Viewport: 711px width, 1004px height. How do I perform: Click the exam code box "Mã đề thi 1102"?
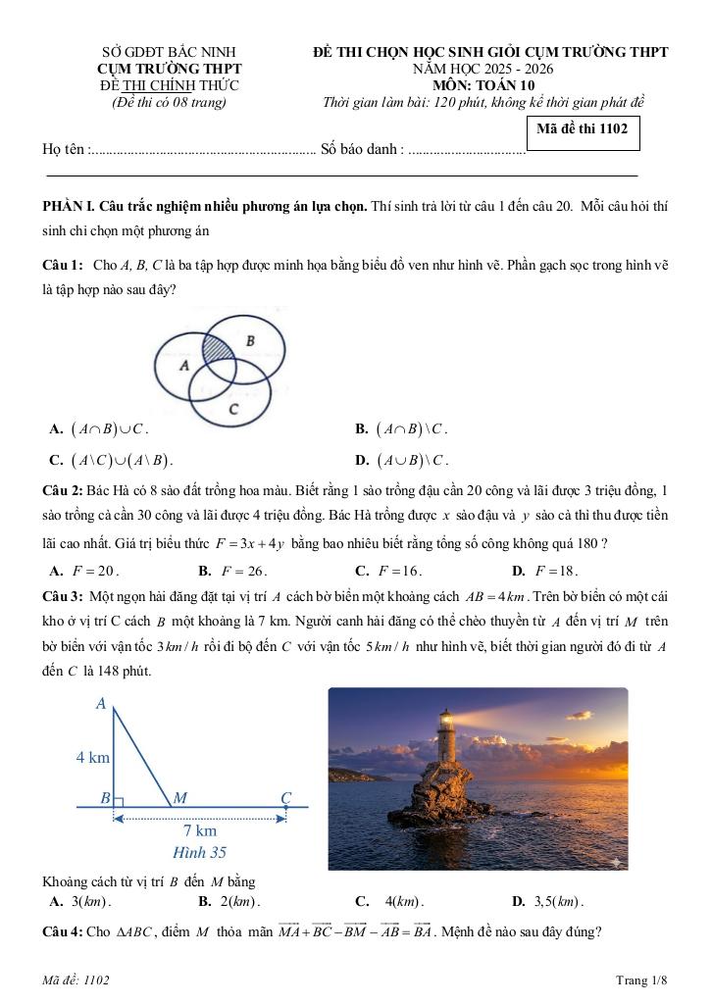point(583,129)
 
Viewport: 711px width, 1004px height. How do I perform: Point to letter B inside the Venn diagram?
point(250,341)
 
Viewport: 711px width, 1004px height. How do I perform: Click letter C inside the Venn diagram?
point(232,408)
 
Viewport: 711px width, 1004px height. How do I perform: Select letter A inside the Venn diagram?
point(183,365)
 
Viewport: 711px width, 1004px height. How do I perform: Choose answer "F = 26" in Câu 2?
point(232,571)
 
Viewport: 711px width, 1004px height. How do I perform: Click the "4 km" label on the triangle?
point(93,757)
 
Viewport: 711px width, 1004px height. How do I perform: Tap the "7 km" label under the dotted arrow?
point(200,830)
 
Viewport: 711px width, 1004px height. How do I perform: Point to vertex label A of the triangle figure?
point(101,703)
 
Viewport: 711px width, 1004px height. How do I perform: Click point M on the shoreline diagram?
point(179,798)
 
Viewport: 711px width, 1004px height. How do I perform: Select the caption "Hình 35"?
point(199,853)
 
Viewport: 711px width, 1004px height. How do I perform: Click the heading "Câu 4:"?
point(61,931)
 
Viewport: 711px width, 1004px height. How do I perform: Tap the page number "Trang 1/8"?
point(641,980)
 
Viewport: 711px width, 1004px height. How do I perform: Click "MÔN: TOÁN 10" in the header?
point(483,85)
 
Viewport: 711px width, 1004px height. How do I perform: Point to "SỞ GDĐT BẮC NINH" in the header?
point(169,52)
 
